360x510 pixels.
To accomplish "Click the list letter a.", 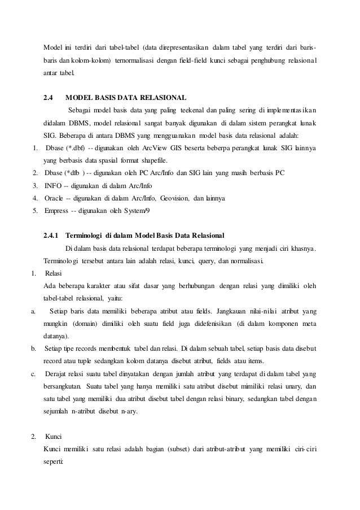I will point(34,310).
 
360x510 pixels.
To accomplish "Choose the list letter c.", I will point(34,373).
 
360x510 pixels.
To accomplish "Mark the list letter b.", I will point(34,348).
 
